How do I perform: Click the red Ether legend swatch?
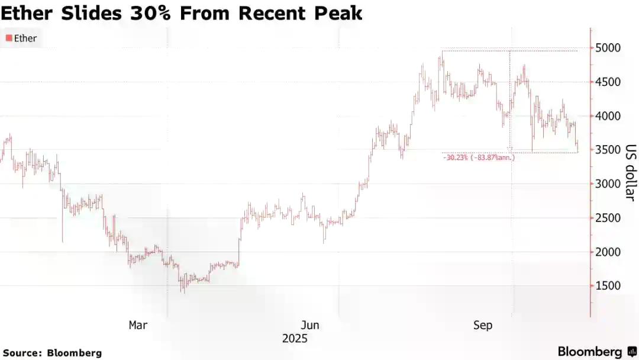8,38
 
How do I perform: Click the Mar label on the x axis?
138,325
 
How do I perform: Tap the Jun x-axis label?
310,325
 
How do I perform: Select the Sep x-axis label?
483,325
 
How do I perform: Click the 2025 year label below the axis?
295,339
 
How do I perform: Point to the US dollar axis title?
630,172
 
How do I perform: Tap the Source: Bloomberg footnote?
52,353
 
